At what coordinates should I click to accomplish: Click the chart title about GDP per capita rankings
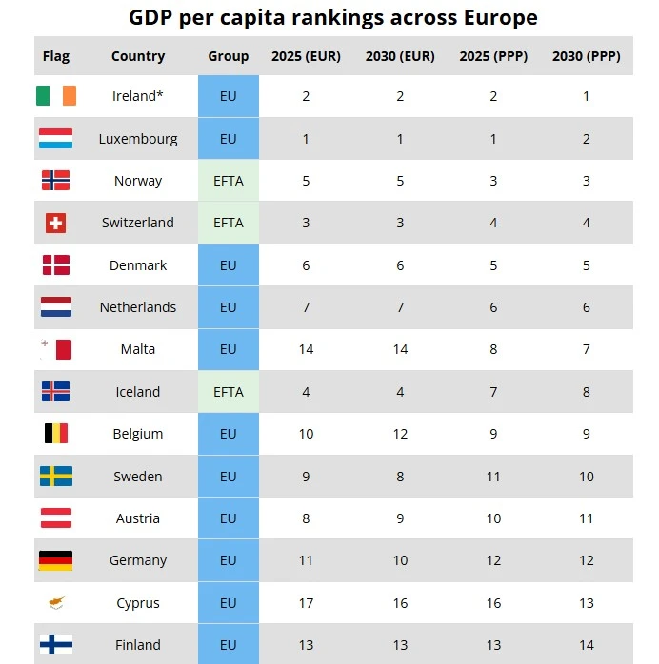tap(333, 18)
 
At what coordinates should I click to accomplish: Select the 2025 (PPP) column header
tap(493, 56)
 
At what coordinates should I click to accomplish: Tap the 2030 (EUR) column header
tap(400, 56)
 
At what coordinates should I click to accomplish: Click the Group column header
tap(228, 56)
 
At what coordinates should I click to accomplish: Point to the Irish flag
tap(56, 96)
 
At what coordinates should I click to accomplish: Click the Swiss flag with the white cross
tap(56, 223)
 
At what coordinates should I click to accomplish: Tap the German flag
tap(56, 560)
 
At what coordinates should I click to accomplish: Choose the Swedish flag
tap(56, 476)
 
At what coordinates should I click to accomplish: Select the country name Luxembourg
tap(138, 139)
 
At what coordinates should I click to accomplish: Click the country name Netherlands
tap(138, 307)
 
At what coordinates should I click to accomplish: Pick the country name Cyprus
tap(138, 603)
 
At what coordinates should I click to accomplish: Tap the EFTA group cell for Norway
tap(228, 181)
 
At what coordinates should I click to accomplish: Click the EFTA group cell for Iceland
tap(228, 392)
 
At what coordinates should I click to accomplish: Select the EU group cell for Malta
tap(228, 349)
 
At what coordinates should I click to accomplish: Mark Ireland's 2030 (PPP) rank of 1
tap(587, 96)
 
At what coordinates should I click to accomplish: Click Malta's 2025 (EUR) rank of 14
tap(306, 349)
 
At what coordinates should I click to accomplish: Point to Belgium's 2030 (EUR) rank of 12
tap(400, 434)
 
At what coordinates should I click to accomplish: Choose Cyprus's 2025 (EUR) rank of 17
tap(306, 603)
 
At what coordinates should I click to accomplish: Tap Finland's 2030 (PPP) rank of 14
tap(587, 645)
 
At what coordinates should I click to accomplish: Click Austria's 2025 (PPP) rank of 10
tap(493, 518)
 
